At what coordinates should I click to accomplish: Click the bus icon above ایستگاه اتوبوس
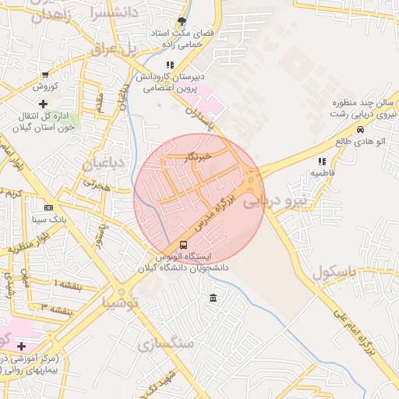pyautogui.click(x=183, y=245)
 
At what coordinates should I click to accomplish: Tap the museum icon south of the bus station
pyautogui.click(x=214, y=298)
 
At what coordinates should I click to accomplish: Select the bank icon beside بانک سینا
pyautogui.click(x=49, y=208)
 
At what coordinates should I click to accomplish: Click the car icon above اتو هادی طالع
pyautogui.click(x=360, y=129)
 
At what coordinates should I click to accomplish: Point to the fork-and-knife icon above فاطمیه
pyautogui.click(x=321, y=161)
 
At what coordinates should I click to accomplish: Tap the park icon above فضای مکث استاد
pyautogui.click(x=182, y=21)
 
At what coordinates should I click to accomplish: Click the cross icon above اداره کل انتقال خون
pyautogui.click(x=43, y=104)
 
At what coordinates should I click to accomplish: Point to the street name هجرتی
pyautogui.click(x=99, y=186)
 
